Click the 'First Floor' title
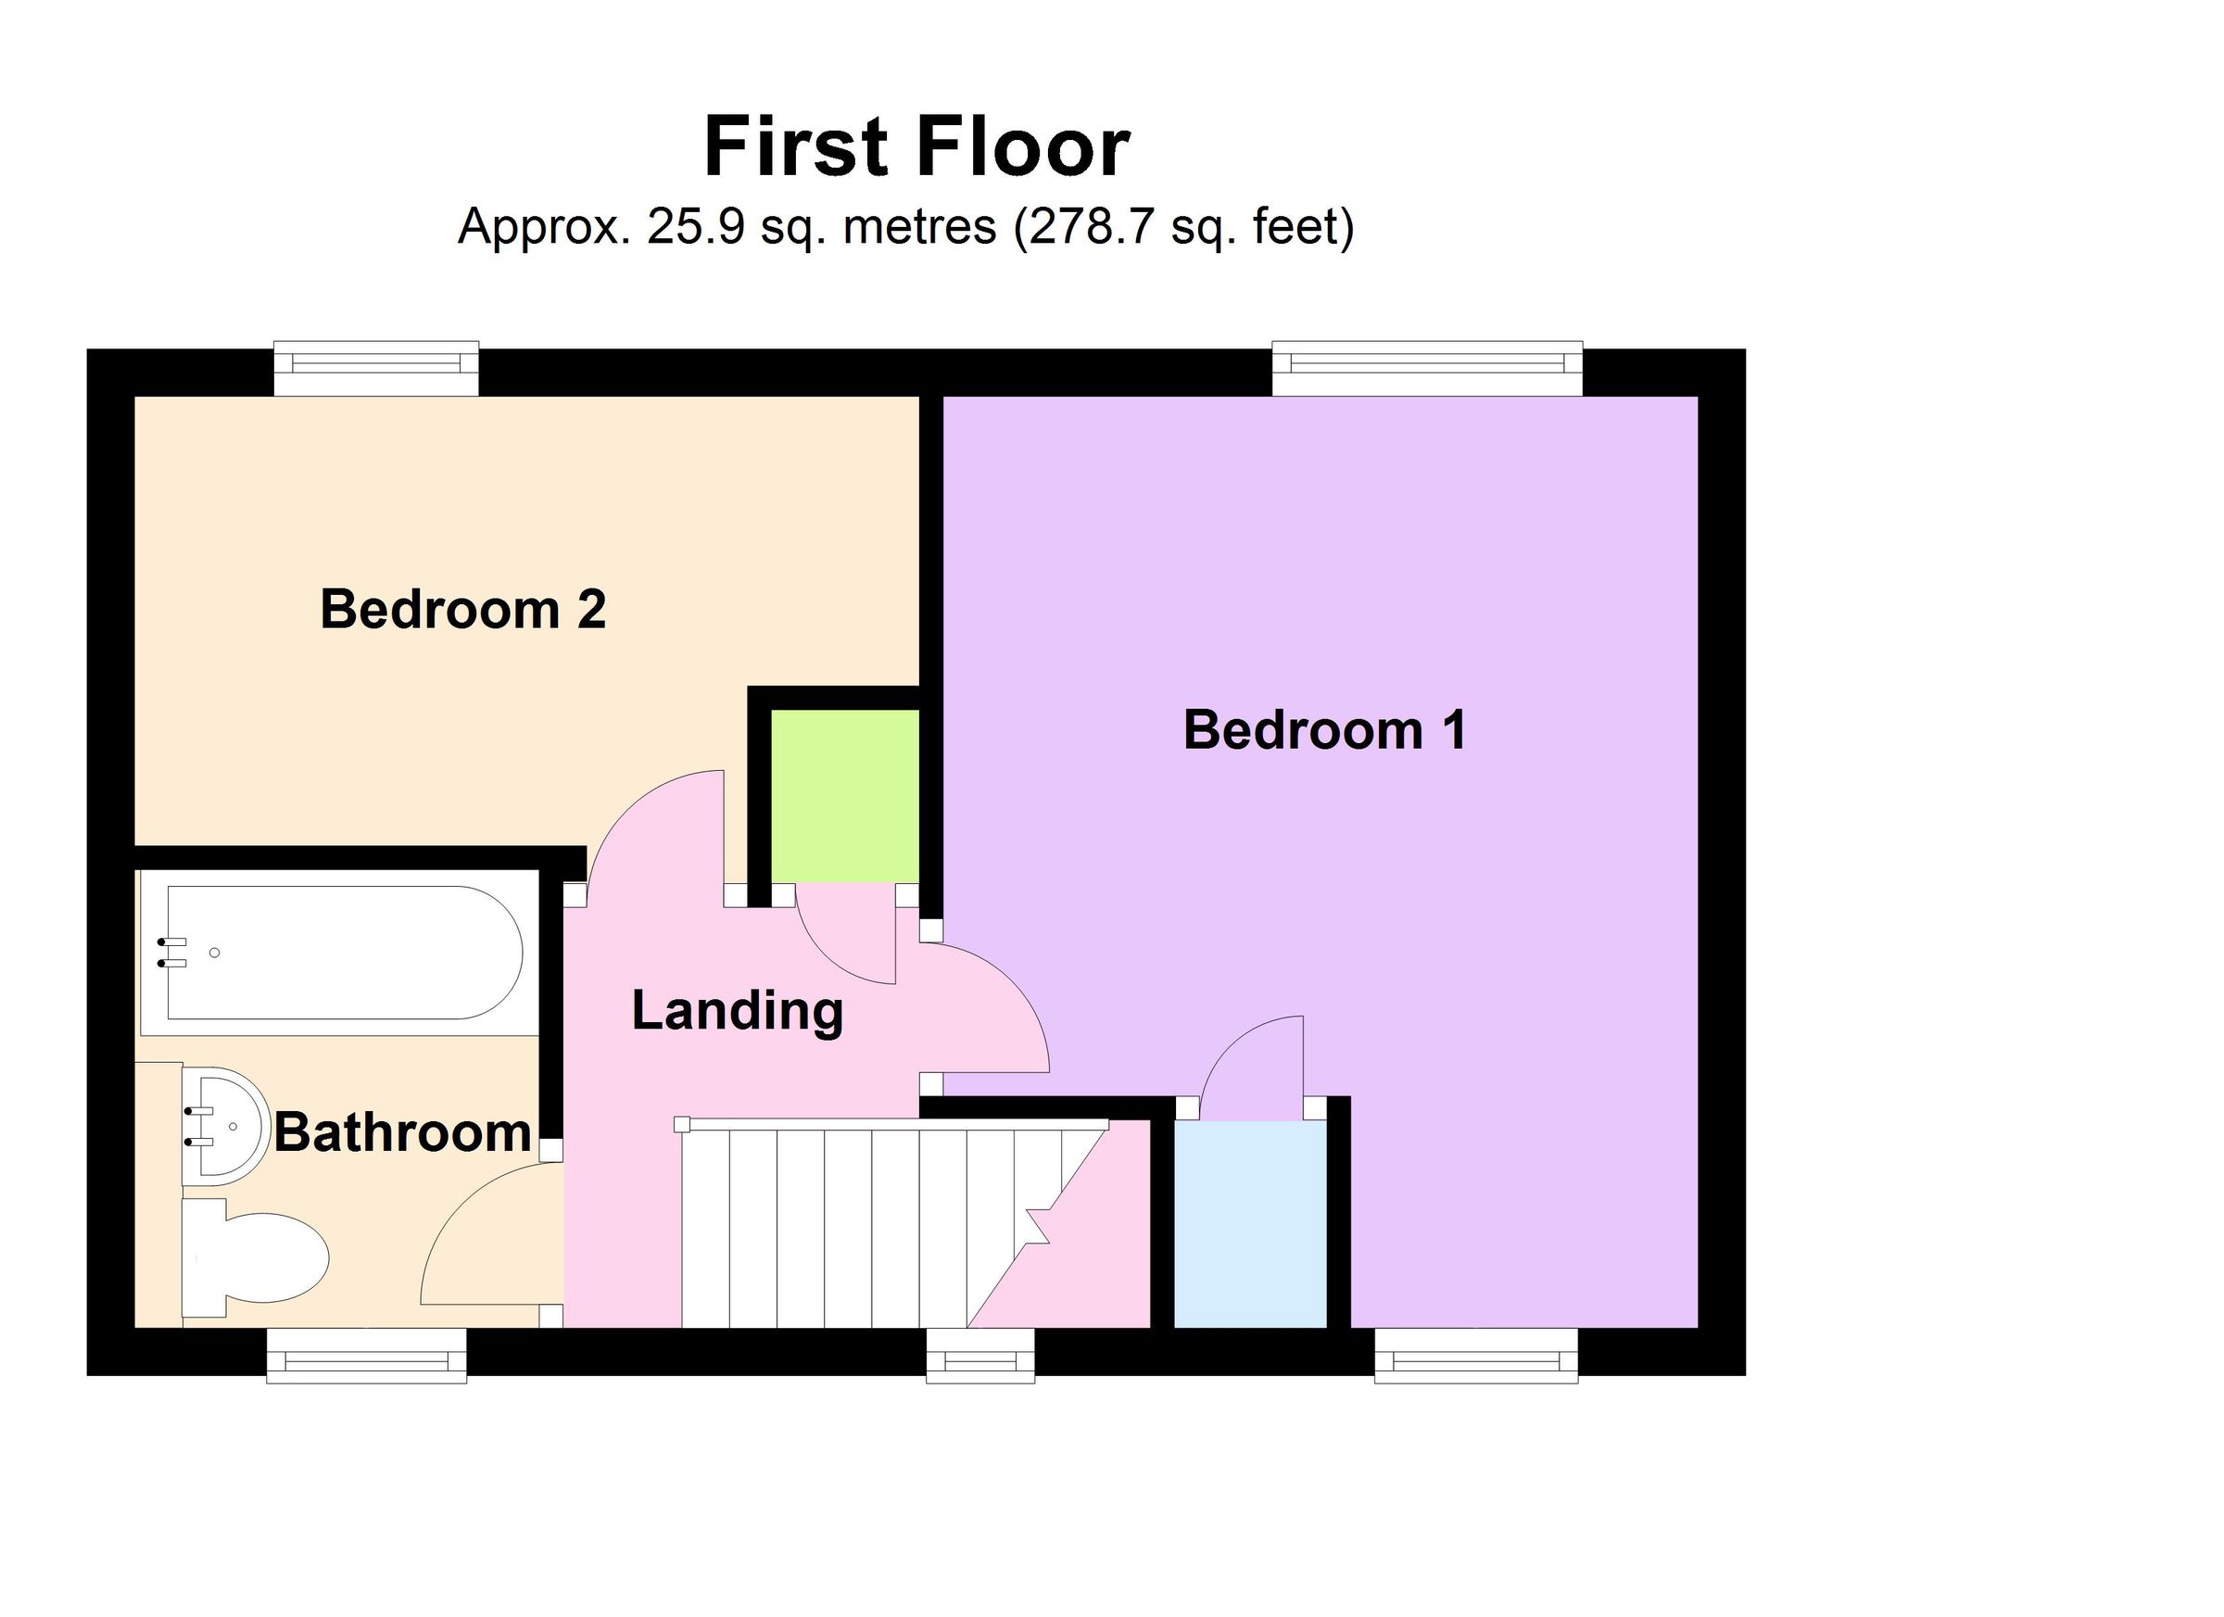pos(916,147)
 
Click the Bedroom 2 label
pos(462,609)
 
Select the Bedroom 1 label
pos(1324,729)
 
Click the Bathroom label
pos(402,1132)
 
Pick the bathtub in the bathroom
pos(343,953)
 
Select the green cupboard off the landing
pos(844,795)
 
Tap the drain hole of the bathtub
pos(215,953)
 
